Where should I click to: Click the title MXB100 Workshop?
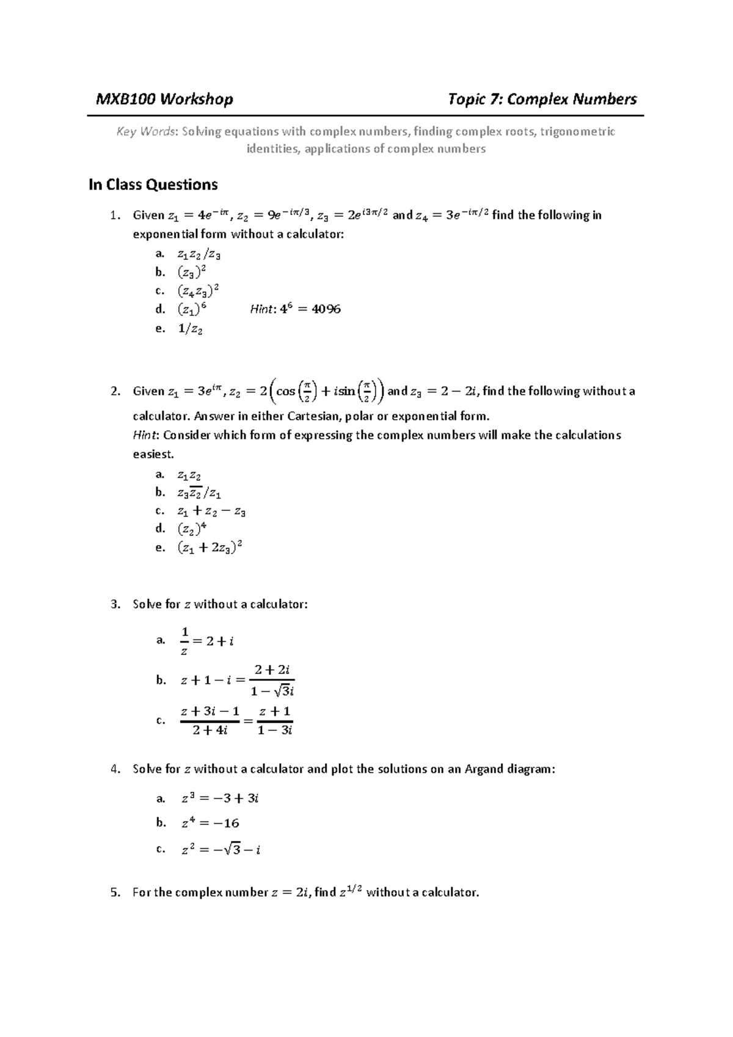point(164,99)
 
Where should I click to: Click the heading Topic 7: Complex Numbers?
point(542,99)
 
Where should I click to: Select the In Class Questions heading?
point(153,185)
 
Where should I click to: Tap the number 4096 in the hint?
point(326,309)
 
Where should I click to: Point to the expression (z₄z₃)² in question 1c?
point(199,291)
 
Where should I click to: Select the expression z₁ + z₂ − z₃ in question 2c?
point(211,511)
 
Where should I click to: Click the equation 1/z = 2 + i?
point(207,641)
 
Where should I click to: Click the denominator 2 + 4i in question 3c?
point(210,730)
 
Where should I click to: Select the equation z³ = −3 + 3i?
point(221,799)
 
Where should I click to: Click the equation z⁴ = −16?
point(210,823)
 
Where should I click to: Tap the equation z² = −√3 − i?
point(221,849)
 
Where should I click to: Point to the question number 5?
point(115,893)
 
